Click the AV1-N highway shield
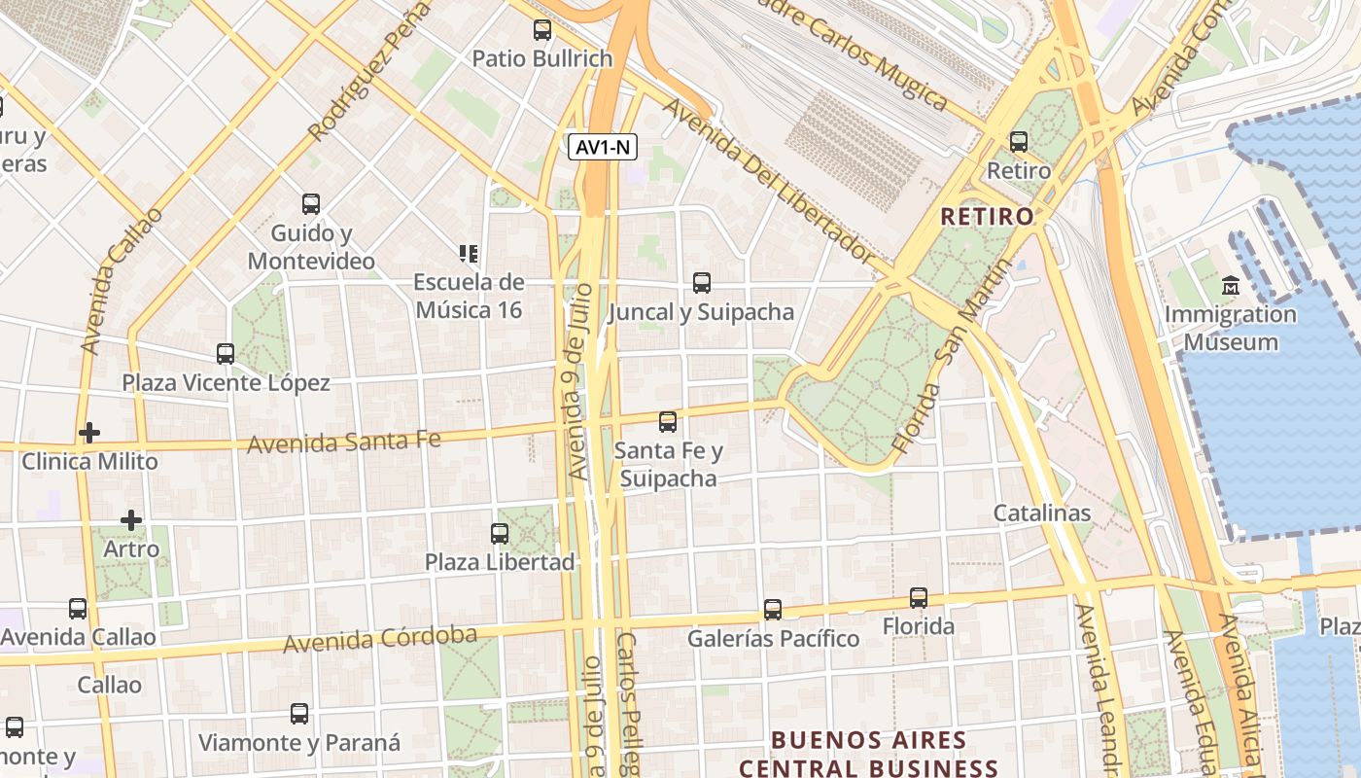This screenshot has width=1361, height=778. pos(603,148)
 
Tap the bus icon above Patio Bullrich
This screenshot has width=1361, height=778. pos(542,30)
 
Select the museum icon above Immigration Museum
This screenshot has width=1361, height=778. pos(1231,286)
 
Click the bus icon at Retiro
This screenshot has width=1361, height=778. pos(1019,142)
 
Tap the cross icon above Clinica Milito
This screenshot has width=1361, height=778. pos(89,432)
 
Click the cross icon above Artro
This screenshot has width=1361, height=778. pos(131,520)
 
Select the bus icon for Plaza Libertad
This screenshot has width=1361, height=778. pos(500,534)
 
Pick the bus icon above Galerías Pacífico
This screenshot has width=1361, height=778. pos(773,610)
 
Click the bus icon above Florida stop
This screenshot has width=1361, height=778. pos(919,598)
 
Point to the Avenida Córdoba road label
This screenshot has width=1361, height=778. pos(380,639)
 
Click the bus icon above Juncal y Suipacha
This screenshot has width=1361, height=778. pos(702,283)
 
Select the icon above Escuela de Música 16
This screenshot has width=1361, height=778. pos(469,254)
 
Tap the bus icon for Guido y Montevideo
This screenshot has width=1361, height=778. pos(311,204)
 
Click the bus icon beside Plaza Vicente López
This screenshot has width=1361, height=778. pos(226,354)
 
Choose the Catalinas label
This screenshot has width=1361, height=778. pos(1042,513)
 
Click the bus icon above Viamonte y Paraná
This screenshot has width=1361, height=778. pos(299,714)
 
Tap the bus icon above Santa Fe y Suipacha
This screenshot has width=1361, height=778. pos(668,422)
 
